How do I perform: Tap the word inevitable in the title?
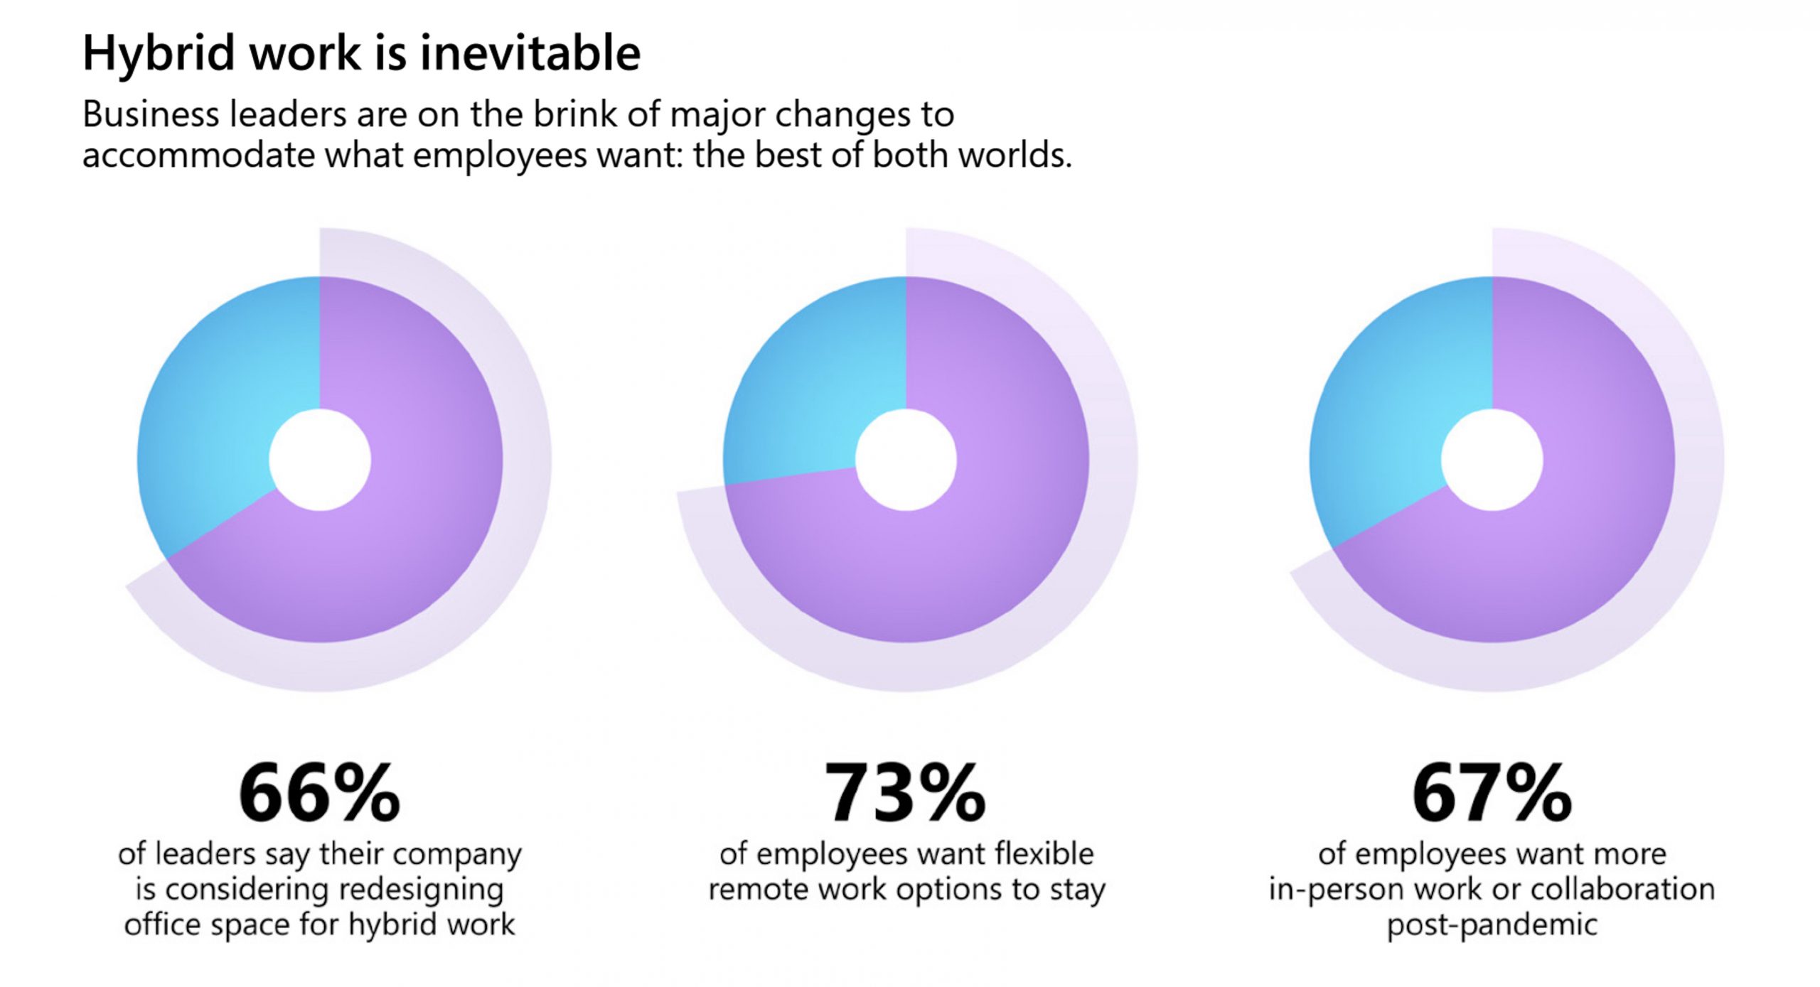click(530, 53)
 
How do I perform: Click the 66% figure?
click(319, 793)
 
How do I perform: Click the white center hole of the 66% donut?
click(320, 460)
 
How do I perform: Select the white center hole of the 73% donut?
click(906, 460)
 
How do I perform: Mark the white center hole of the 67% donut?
click(1492, 460)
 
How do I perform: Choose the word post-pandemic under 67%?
click(1492, 925)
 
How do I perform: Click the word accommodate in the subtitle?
click(198, 156)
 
